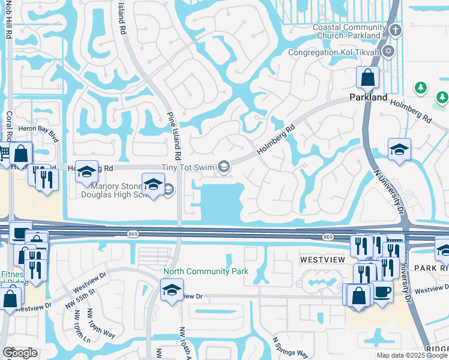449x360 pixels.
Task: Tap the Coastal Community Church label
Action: pos(349,31)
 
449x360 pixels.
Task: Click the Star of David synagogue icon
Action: pos(388,52)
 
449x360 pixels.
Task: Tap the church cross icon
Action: pos(394,30)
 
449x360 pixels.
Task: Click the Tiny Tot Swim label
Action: pos(188,168)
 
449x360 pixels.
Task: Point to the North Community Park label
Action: pos(206,271)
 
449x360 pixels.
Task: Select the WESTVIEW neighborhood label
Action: pos(322,260)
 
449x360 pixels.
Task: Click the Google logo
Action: pos(20,353)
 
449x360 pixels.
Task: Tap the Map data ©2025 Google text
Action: pos(411,355)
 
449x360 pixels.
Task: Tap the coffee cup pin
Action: pos(382,293)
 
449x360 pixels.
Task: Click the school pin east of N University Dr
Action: pos(399,150)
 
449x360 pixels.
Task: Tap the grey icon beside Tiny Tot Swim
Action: pos(224,167)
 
